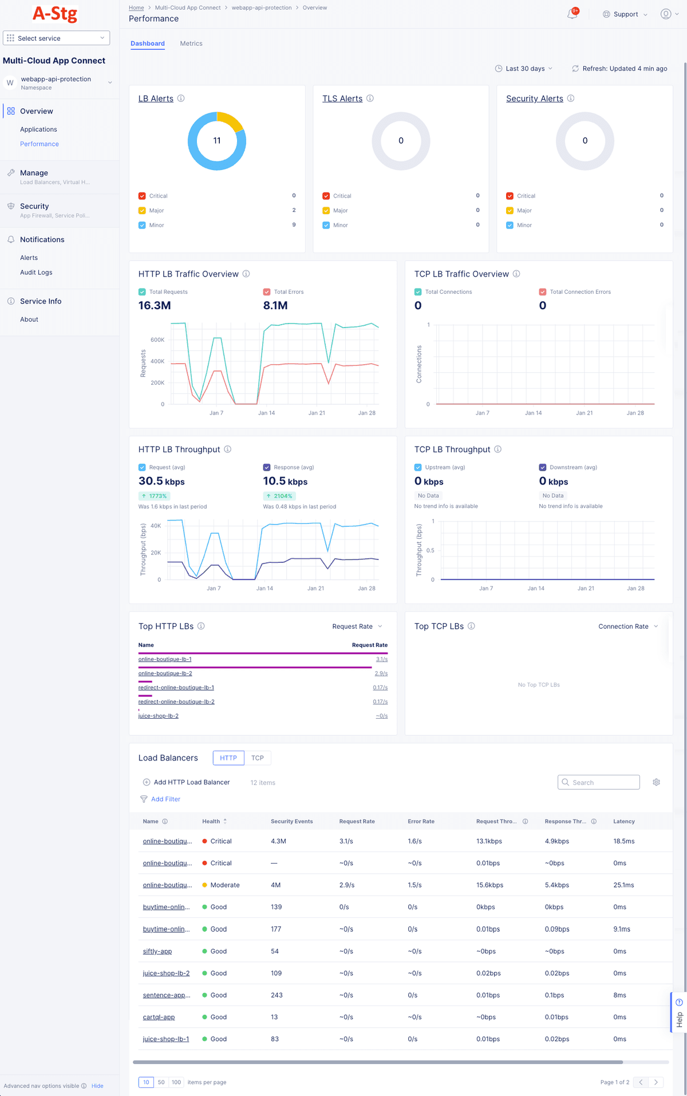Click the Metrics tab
click(191, 44)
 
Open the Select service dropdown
click(56, 38)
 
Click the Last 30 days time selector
click(524, 69)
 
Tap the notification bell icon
click(572, 14)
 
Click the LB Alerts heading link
click(156, 98)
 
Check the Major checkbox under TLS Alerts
click(326, 211)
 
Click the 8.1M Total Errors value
click(275, 306)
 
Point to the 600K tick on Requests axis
click(157, 340)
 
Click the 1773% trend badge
click(154, 496)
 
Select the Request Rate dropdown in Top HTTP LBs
click(357, 626)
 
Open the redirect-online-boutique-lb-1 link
click(176, 688)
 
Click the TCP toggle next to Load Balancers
click(258, 758)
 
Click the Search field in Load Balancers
click(599, 782)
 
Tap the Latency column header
click(623, 822)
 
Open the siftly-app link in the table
click(157, 951)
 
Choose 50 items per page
click(161, 1082)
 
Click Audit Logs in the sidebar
click(36, 273)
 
